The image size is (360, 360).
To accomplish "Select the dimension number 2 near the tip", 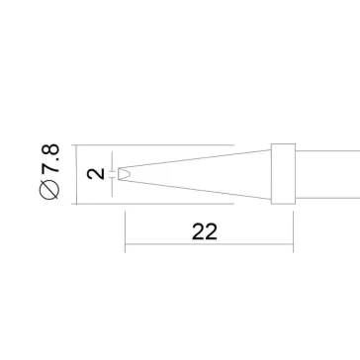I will pyautogui.click(x=95, y=174).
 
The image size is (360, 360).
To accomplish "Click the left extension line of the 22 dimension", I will pyautogui.click(x=124, y=227).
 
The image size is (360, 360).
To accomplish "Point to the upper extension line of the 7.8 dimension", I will pyautogui.click(x=148, y=145).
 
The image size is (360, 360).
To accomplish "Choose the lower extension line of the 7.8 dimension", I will pyautogui.click(x=148, y=202).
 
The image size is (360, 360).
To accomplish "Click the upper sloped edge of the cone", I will pyautogui.click(x=198, y=159).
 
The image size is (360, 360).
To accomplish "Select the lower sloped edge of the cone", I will pyautogui.click(x=198, y=187).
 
